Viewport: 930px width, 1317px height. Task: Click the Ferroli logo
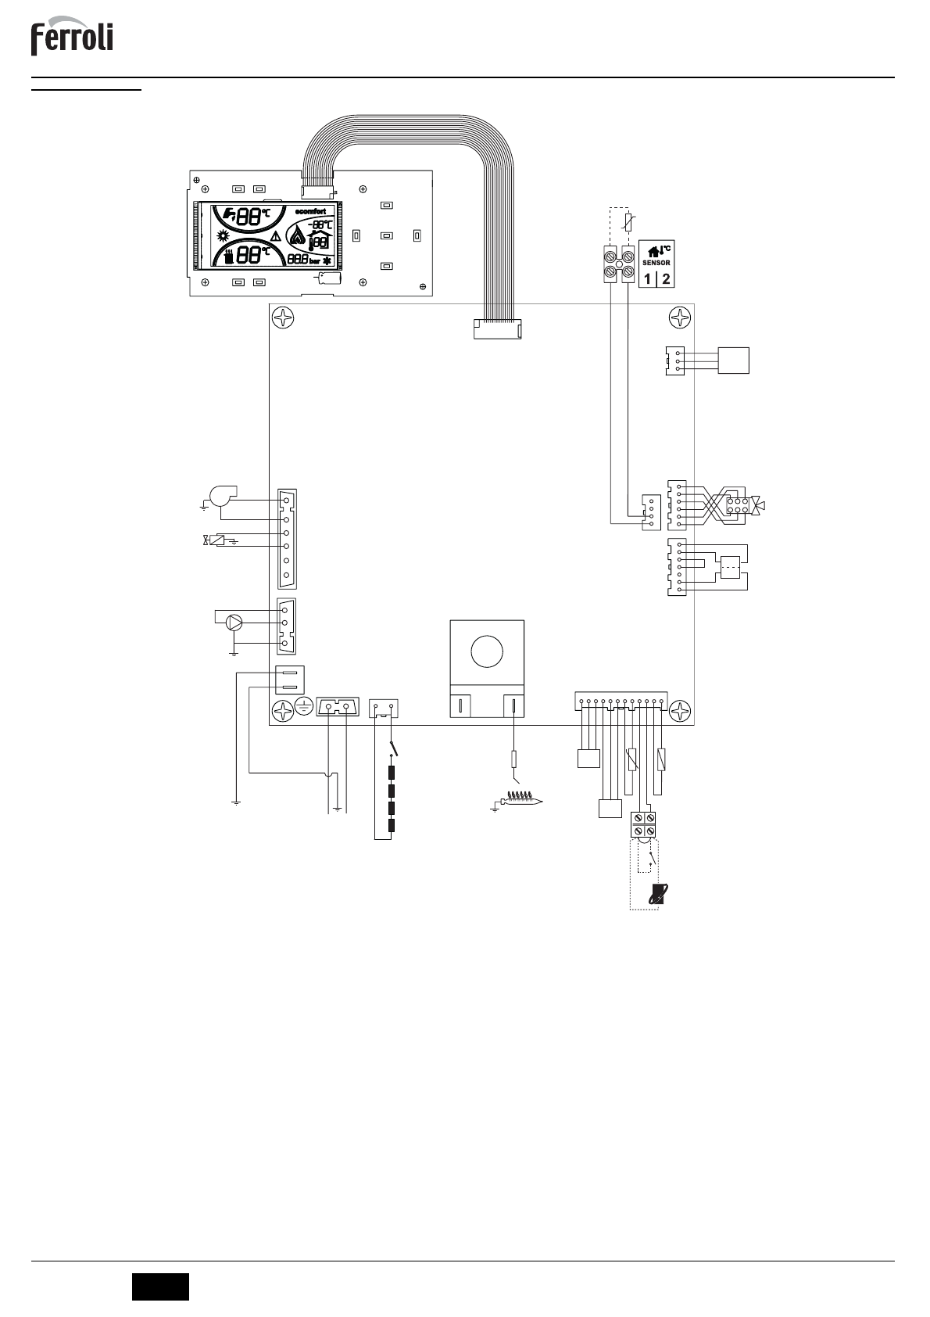click(72, 38)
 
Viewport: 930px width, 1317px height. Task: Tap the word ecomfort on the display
click(317, 211)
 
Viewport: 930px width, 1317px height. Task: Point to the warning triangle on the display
click(275, 237)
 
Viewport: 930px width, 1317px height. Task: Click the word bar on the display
click(314, 260)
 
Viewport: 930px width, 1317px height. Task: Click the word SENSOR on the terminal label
click(656, 263)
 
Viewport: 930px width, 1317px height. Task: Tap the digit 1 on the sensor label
click(647, 278)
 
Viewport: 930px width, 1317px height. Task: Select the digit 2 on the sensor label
click(665, 278)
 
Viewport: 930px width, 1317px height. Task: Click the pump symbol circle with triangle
click(233, 623)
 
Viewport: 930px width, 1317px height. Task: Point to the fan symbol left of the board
click(216, 497)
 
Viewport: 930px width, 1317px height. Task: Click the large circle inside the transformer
click(486, 651)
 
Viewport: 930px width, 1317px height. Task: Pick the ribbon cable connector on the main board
click(497, 328)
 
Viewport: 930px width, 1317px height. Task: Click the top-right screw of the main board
click(681, 318)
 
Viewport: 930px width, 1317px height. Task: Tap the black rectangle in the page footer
click(160, 1286)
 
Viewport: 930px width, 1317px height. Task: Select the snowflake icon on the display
click(327, 260)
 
